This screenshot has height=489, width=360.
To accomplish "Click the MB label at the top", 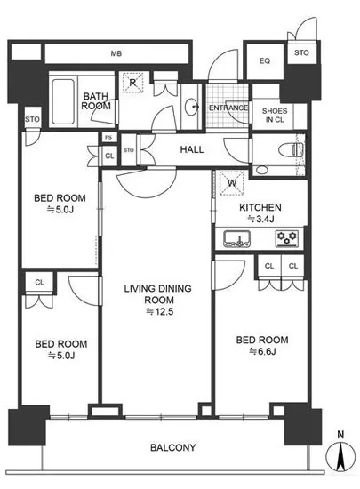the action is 116,53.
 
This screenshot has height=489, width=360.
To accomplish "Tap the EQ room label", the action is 265,60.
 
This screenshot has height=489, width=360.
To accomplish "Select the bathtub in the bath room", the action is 63,101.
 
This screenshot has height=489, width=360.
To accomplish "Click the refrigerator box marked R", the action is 132,83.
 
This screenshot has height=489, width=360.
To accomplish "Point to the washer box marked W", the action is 232,183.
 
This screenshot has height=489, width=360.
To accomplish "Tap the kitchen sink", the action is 237,239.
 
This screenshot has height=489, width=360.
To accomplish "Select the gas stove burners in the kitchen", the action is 287,239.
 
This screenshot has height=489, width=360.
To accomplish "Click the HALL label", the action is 192,149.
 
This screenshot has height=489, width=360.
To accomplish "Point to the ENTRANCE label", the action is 228,108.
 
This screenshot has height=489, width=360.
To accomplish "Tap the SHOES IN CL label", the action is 275,115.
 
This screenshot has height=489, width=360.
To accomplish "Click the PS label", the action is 108,138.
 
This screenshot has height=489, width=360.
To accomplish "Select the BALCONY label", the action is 173,447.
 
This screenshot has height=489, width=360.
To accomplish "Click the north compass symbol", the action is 340,458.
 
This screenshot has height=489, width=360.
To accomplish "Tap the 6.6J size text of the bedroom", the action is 262,352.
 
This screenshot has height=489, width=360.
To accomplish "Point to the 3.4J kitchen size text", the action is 260,220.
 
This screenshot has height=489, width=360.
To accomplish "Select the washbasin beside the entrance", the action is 191,108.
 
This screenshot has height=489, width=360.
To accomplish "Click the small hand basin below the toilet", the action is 261,171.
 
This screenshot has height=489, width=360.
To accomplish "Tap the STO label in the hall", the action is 129,150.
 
